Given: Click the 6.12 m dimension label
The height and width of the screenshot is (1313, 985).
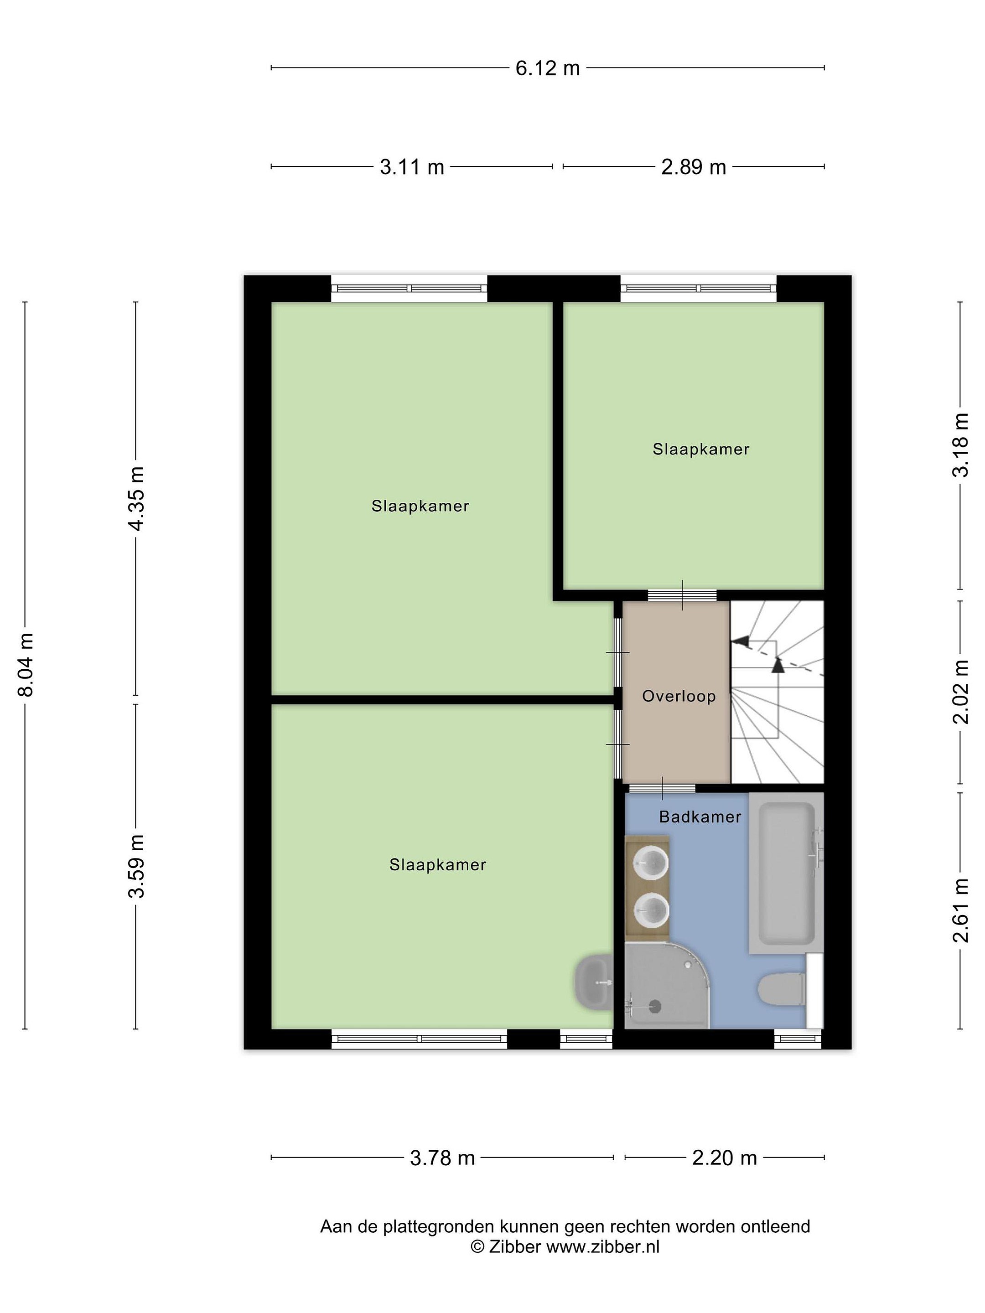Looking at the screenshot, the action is [547, 68].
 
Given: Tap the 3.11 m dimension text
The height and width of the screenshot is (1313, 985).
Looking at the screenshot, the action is [412, 167].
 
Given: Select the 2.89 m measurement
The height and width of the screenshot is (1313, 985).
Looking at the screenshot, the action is [694, 167].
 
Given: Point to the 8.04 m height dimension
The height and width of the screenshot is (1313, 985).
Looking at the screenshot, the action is [26, 665].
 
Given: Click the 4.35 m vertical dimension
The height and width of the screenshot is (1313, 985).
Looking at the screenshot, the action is [136, 499].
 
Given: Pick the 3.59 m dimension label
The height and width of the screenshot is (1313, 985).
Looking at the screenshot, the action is [136, 866].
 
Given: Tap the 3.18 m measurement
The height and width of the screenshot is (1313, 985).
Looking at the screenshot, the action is [960, 445].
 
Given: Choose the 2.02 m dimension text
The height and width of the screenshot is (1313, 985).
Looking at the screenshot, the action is [960, 692].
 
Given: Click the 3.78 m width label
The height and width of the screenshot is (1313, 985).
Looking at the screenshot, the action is [442, 1158].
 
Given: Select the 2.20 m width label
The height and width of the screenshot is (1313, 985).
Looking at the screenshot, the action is [724, 1158].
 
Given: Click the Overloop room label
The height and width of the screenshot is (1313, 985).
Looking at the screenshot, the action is [679, 696].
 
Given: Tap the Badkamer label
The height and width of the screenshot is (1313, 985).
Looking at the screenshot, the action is [700, 817].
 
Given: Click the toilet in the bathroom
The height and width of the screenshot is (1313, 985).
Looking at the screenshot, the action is [782, 989].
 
